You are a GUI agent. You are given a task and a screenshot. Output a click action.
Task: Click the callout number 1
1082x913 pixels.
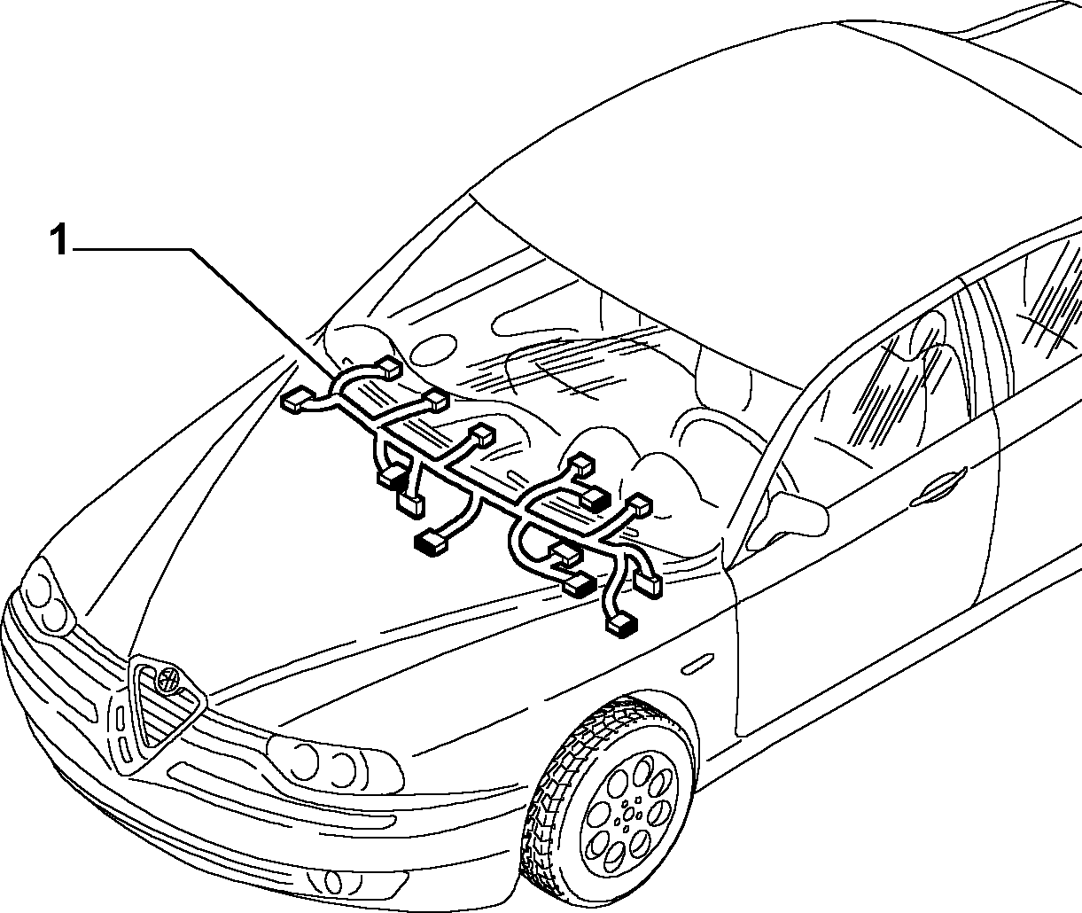click(x=58, y=239)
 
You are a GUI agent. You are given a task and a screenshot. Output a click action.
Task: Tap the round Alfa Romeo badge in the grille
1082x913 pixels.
click(x=169, y=679)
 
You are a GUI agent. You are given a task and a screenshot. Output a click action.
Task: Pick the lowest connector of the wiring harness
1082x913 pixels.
click(x=622, y=625)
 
